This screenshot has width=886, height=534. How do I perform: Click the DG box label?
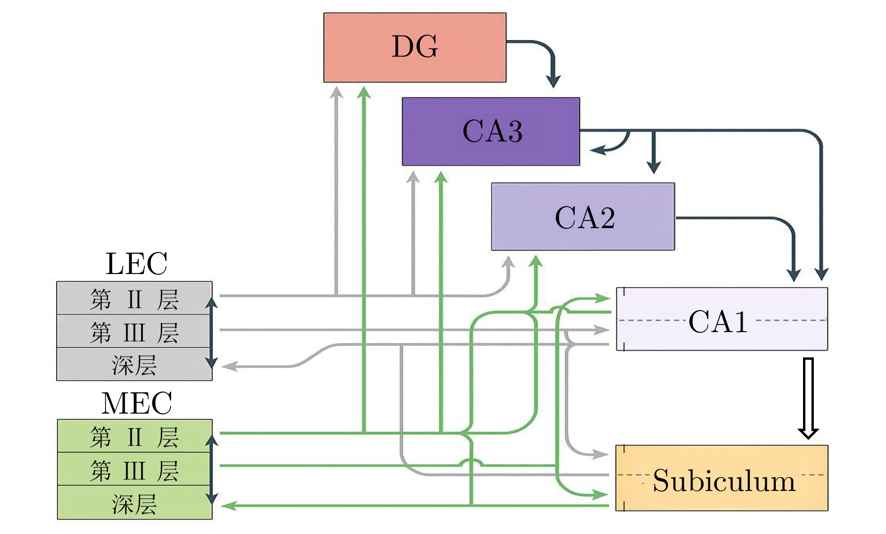click(415, 47)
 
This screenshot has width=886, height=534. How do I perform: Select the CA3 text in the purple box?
click(492, 131)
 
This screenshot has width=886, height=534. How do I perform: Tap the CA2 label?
click(585, 218)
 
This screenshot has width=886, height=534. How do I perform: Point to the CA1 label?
click(718, 322)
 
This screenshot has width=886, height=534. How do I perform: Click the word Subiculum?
click(724, 481)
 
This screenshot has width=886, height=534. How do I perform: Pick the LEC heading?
click(136, 264)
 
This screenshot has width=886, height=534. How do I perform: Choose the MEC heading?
click(136, 403)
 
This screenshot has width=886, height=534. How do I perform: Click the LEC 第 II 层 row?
click(135, 299)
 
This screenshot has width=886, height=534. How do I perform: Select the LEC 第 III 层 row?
click(135, 332)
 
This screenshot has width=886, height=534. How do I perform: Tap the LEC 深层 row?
click(135, 365)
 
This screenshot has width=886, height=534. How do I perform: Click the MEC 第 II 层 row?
click(135, 437)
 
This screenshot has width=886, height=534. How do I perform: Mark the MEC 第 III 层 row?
click(135, 470)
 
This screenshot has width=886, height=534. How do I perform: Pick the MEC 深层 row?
click(135, 504)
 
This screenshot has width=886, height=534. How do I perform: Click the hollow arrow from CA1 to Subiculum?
click(808, 398)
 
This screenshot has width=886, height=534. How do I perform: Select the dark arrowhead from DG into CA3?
click(554, 81)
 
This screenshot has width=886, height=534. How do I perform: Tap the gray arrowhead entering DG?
click(336, 92)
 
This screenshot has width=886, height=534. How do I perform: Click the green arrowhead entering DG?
click(364, 92)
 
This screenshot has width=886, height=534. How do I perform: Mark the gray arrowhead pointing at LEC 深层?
click(229, 366)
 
